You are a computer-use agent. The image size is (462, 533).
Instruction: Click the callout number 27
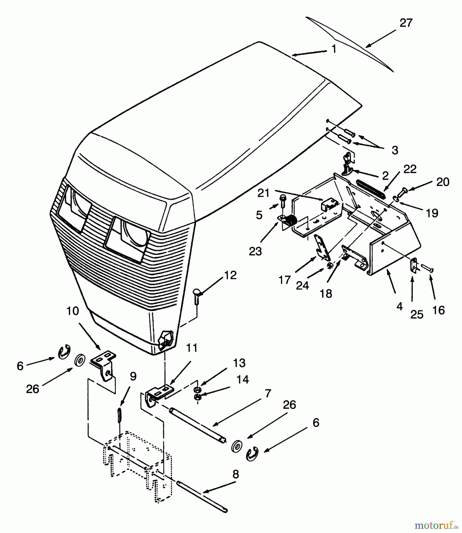pyautogui.click(x=406, y=23)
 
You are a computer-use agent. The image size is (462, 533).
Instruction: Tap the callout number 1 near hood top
pyautogui.click(x=334, y=49)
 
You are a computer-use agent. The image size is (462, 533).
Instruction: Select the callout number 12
pyautogui.click(x=231, y=275)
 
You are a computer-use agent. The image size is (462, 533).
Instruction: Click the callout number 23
pyautogui.click(x=255, y=252)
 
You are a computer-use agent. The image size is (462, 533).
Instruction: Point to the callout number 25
pyautogui.click(x=417, y=314)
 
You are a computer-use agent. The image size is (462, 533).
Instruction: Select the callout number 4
pyautogui.click(x=400, y=306)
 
